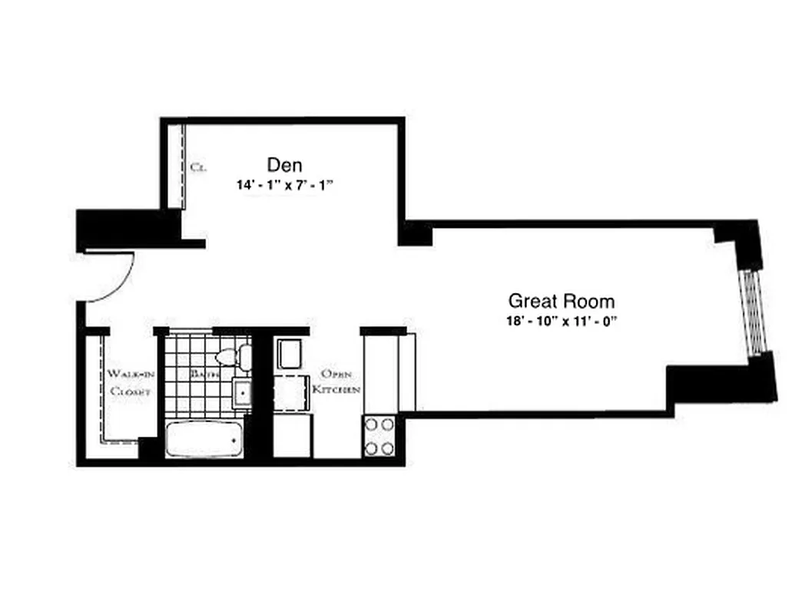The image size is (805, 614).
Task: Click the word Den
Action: click(284, 164)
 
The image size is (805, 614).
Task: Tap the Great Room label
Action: click(562, 300)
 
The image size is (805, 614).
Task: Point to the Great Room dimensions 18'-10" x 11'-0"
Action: click(562, 322)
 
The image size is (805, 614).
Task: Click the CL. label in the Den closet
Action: click(197, 167)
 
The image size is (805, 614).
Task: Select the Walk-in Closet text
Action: click(128, 382)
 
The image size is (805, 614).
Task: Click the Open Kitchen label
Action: click(336, 381)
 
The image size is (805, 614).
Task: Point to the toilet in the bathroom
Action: click(234, 357)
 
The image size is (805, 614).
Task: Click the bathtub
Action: click(204, 440)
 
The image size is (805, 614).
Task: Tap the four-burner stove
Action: click(379, 435)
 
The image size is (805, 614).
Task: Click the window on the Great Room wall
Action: click(754, 311)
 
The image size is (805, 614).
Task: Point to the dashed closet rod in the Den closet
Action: click(185, 165)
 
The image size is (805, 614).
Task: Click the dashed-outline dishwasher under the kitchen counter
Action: click(290, 394)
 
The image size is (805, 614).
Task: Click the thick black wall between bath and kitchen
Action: click(261, 395)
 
